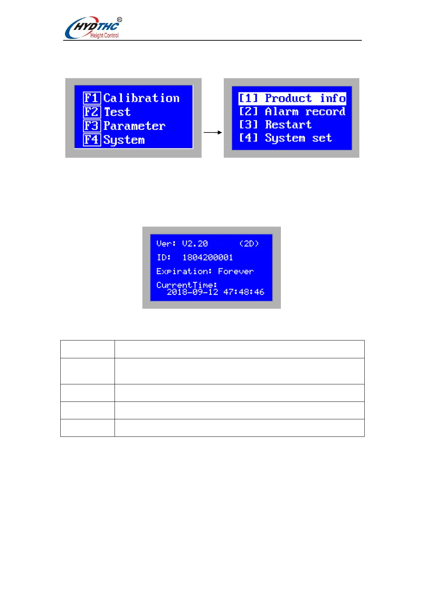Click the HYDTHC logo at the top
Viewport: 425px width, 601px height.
pos(92,28)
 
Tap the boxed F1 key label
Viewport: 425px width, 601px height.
pos(92,98)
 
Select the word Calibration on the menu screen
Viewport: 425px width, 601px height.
pos(141,98)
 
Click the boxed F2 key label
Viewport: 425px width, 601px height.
pos(92,112)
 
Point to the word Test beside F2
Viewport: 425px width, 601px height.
pos(117,112)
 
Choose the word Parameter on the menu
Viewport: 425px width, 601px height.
pos(134,126)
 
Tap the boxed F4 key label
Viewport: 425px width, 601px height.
pos(92,140)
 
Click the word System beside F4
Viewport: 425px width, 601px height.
pos(124,140)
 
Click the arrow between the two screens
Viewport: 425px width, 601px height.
pos(213,132)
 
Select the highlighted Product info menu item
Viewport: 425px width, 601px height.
pos(292,98)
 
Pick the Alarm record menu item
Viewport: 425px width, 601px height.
pos(292,112)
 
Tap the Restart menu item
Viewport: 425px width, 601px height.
pos(275,125)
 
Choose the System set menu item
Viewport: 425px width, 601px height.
pos(285,138)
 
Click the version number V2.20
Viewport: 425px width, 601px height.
pos(195,244)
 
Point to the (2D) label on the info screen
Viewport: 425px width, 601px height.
pos(249,244)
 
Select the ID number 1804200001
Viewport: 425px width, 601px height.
pos(207,257)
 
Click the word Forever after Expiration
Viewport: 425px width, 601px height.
pos(236,272)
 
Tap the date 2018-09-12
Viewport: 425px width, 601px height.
pos(192,292)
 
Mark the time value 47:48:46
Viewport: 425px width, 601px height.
pos(244,292)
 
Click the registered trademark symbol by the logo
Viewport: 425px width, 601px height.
pos(120,20)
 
